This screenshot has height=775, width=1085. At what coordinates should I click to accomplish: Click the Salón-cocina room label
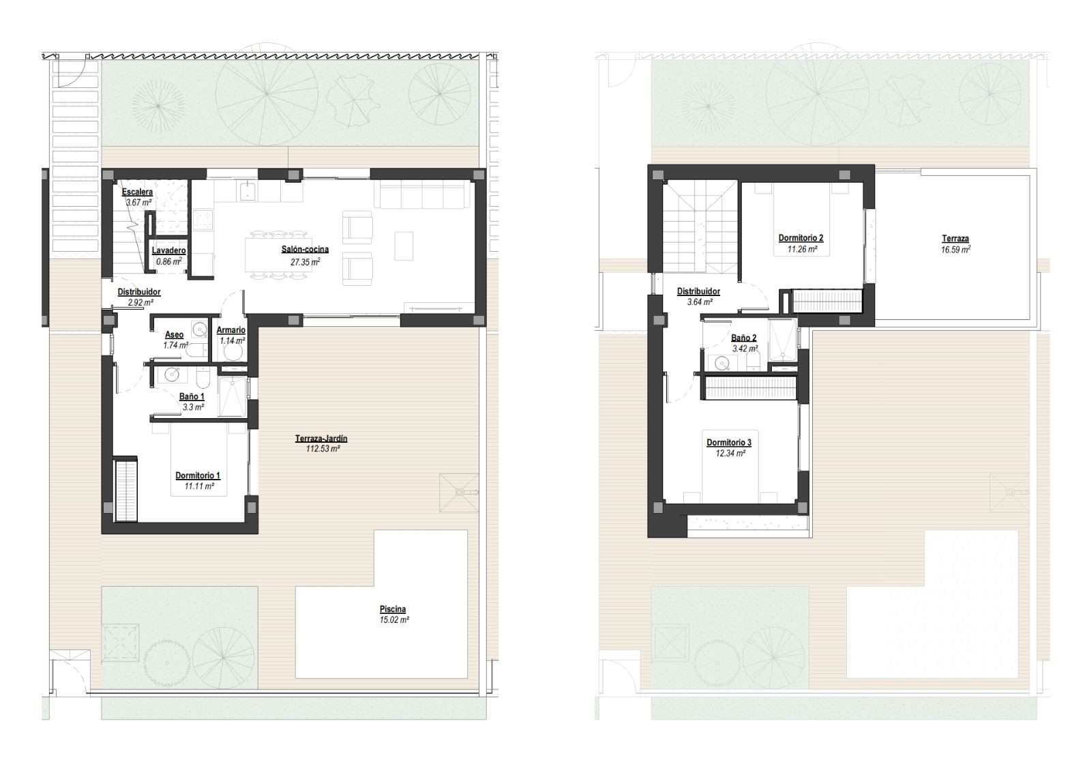pos(305,249)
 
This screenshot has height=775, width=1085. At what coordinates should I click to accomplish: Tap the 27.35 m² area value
pos(305,262)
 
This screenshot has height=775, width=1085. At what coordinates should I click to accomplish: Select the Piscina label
pos(393,609)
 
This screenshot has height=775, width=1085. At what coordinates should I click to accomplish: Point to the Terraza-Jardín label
pos(321,438)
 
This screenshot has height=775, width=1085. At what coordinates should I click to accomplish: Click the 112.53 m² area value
pos(323,449)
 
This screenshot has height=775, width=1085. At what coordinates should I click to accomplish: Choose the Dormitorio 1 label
pos(198,476)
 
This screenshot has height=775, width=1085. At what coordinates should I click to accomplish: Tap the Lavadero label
pos(169,250)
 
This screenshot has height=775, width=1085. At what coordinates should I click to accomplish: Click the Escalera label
pos(137,192)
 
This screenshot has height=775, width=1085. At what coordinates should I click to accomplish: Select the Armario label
pos(231,330)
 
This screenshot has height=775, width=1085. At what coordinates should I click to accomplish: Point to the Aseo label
pos(175,334)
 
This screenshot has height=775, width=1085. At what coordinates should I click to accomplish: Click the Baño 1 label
pos(192,396)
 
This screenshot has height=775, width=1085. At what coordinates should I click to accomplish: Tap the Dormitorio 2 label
pos(801,238)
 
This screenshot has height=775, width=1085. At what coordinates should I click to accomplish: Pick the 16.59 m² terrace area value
pos(955,250)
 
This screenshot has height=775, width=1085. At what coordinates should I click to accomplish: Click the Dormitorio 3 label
pos(729,443)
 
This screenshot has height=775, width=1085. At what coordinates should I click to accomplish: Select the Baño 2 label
pos(744,338)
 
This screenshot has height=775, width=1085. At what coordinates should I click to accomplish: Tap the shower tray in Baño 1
pos(233,396)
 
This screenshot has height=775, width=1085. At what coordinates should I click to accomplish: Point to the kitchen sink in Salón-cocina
pos(248,190)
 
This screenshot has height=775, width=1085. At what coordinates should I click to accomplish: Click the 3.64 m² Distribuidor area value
pos(700,302)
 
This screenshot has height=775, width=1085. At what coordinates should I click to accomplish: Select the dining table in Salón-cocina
pos(278,254)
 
